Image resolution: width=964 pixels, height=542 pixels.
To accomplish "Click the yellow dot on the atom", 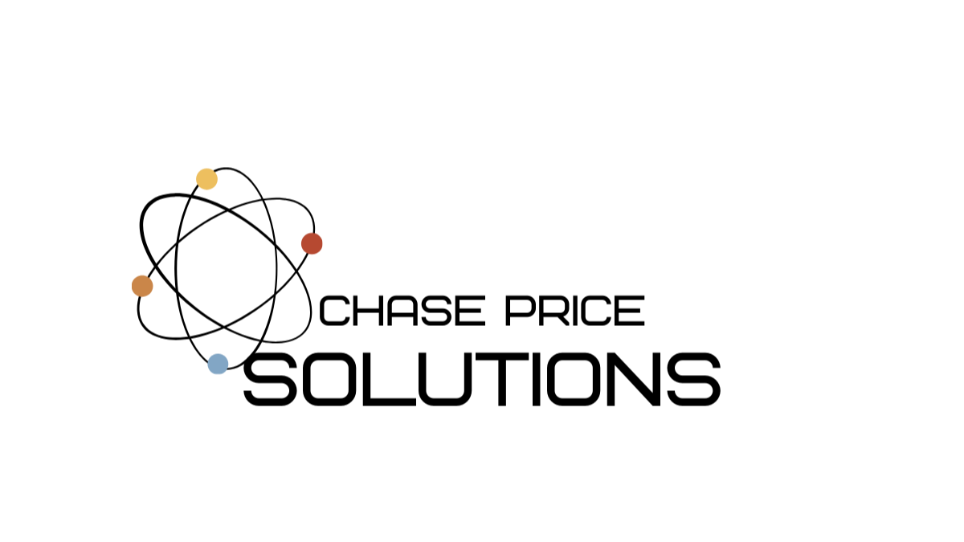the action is pyautogui.click(x=206, y=179).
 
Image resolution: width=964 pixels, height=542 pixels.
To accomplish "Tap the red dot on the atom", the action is pyautogui.click(x=312, y=243).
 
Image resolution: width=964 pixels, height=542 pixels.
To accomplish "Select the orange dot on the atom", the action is pyautogui.click(x=142, y=286).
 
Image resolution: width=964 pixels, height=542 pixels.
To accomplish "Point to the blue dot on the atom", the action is pyautogui.click(x=218, y=364).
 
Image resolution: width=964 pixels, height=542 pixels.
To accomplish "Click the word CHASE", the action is pyautogui.click(x=402, y=310).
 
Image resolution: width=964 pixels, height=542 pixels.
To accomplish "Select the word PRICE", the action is pyautogui.click(x=575, y=310).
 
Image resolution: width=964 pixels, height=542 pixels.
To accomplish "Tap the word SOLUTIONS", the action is pyautogui.click(x=482, y=379).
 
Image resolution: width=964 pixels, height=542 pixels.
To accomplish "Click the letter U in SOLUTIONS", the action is pyautogui.click(x=445, y=379).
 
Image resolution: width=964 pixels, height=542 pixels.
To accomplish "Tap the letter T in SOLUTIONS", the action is pyautogui.click(x=502, y=379).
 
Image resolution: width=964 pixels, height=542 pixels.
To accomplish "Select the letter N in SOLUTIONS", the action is pyautogui.click(x=633, y=379).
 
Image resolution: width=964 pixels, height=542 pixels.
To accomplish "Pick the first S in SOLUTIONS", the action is pyautogui.click(x=270, y=379).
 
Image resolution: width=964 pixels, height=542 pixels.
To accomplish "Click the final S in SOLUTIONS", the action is pyautogui.click(x=694, y=379).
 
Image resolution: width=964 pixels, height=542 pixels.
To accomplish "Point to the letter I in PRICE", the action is pyautogui.click(x=576, y=310).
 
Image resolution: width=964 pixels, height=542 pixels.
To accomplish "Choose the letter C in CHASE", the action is pyautogui.click(x=333, y=310).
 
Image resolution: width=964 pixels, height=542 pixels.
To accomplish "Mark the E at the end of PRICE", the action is pyautogui.click(x=630, y=310).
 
